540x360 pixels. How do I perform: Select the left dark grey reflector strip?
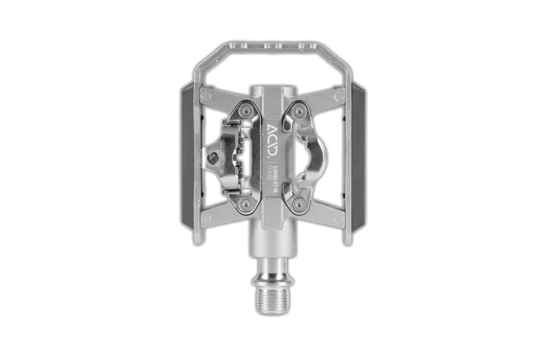186,156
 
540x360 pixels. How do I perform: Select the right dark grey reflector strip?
354,156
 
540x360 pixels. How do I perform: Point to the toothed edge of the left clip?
238,156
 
